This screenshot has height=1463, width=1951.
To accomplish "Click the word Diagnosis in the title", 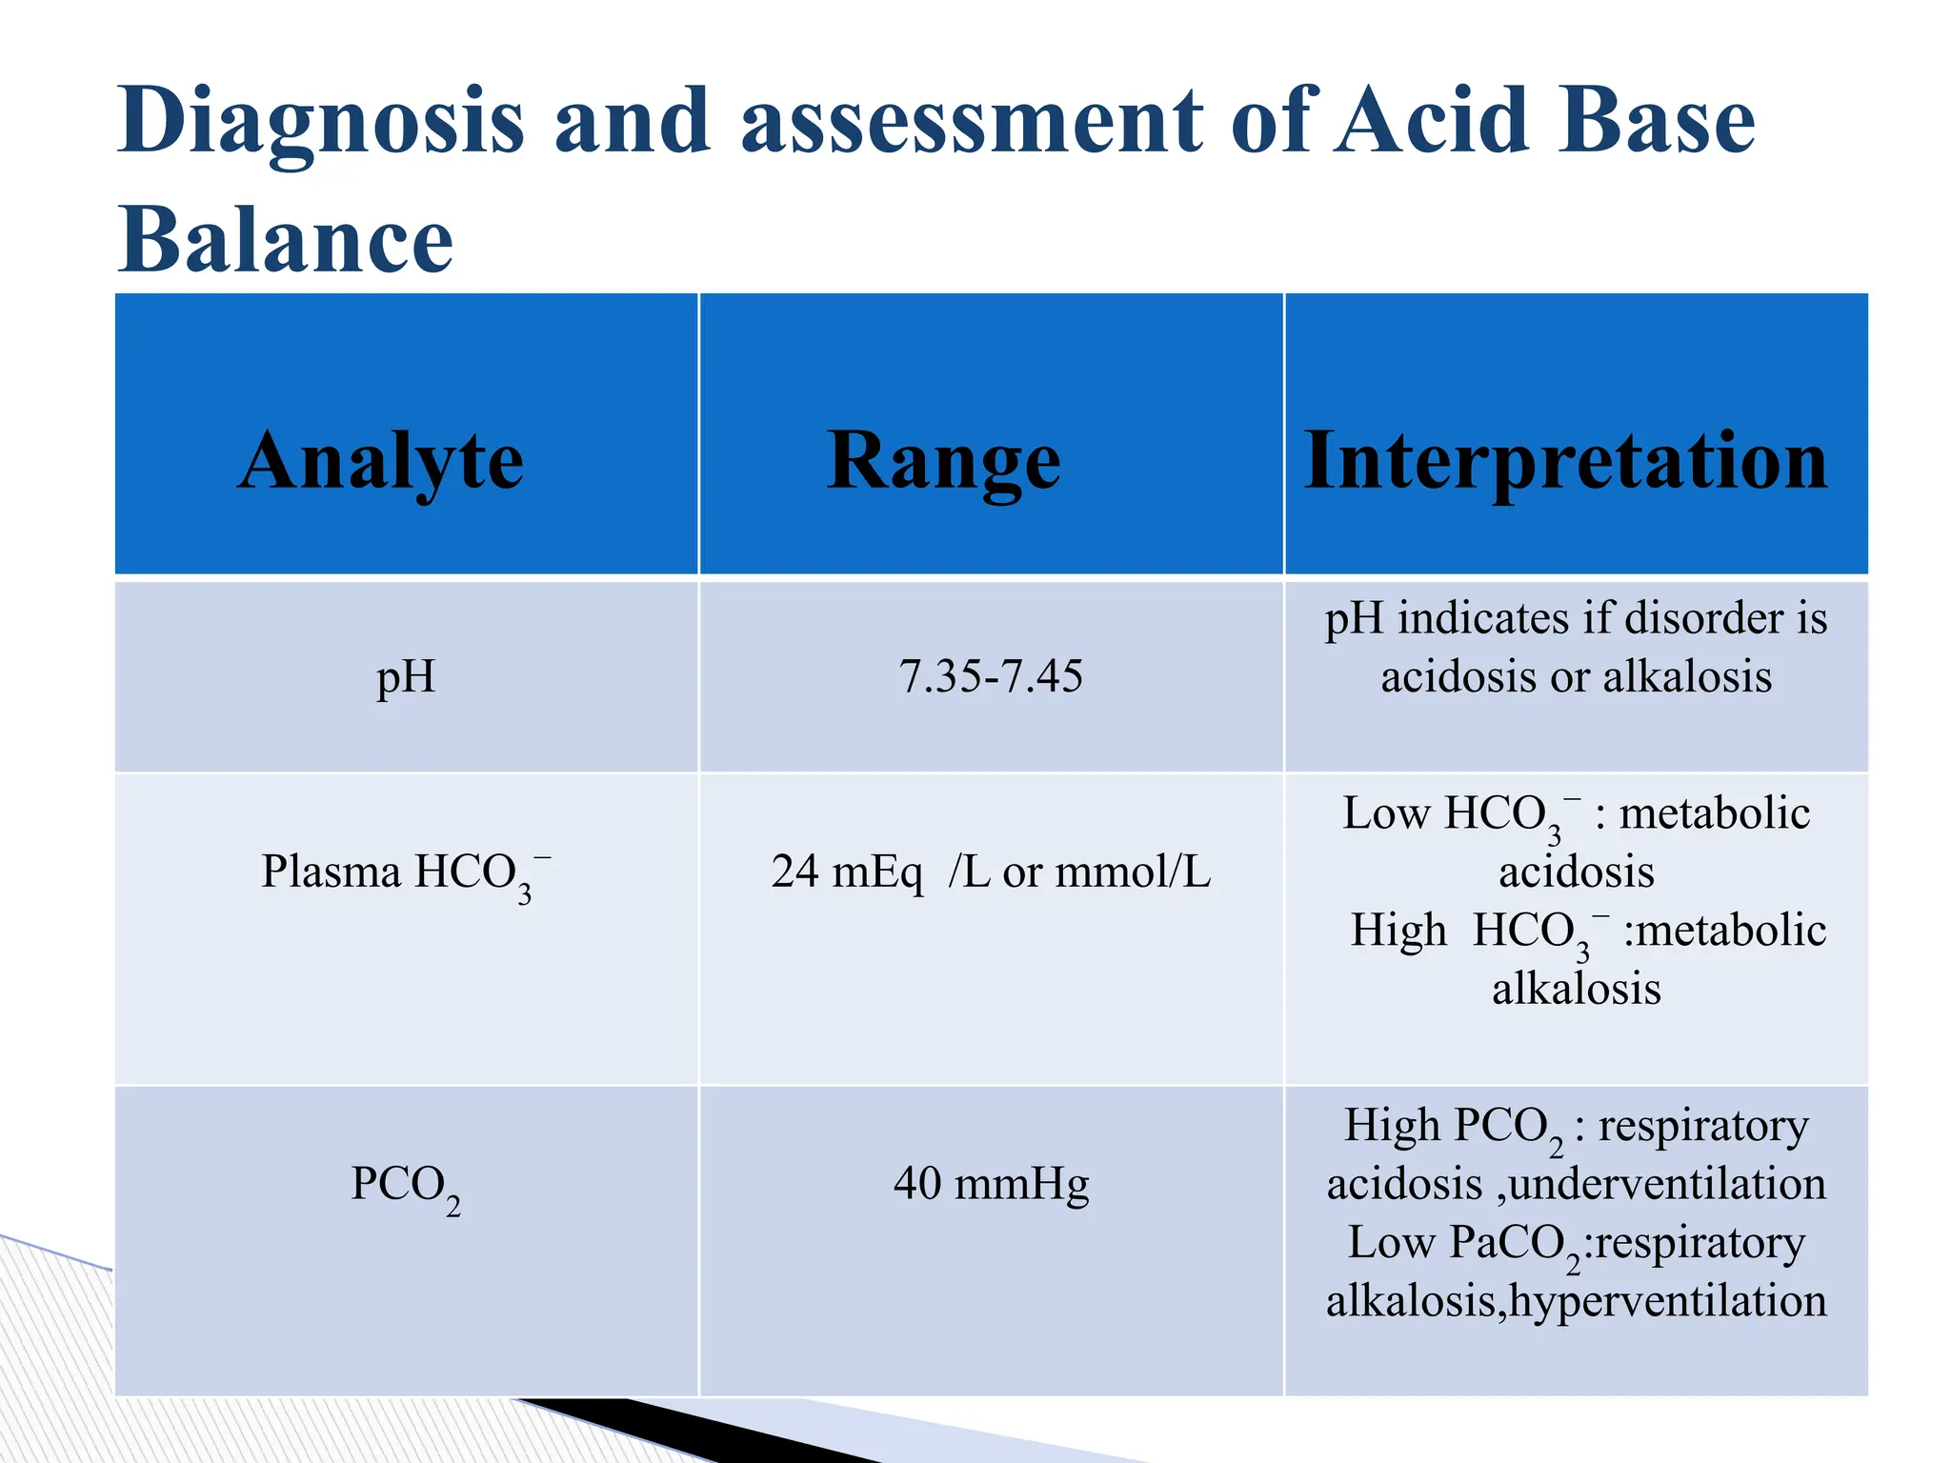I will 321,122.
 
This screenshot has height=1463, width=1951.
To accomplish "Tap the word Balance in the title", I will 285,240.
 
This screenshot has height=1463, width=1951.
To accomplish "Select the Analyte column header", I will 380,461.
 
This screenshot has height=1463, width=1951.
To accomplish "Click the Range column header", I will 943,461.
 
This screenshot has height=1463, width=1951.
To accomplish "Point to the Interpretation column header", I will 1565,461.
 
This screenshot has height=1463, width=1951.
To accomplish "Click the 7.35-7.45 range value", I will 991,677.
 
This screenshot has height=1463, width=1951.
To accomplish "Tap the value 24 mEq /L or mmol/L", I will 991,872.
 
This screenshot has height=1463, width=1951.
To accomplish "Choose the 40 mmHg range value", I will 991,1184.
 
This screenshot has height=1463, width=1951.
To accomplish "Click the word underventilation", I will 1667,1185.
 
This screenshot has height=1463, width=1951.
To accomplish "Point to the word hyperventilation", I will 1668,1301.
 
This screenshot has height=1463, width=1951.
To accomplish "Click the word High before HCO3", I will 1398,931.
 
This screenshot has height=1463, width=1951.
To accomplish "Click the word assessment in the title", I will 973,122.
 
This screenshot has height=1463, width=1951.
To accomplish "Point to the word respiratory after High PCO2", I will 1703,1127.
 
